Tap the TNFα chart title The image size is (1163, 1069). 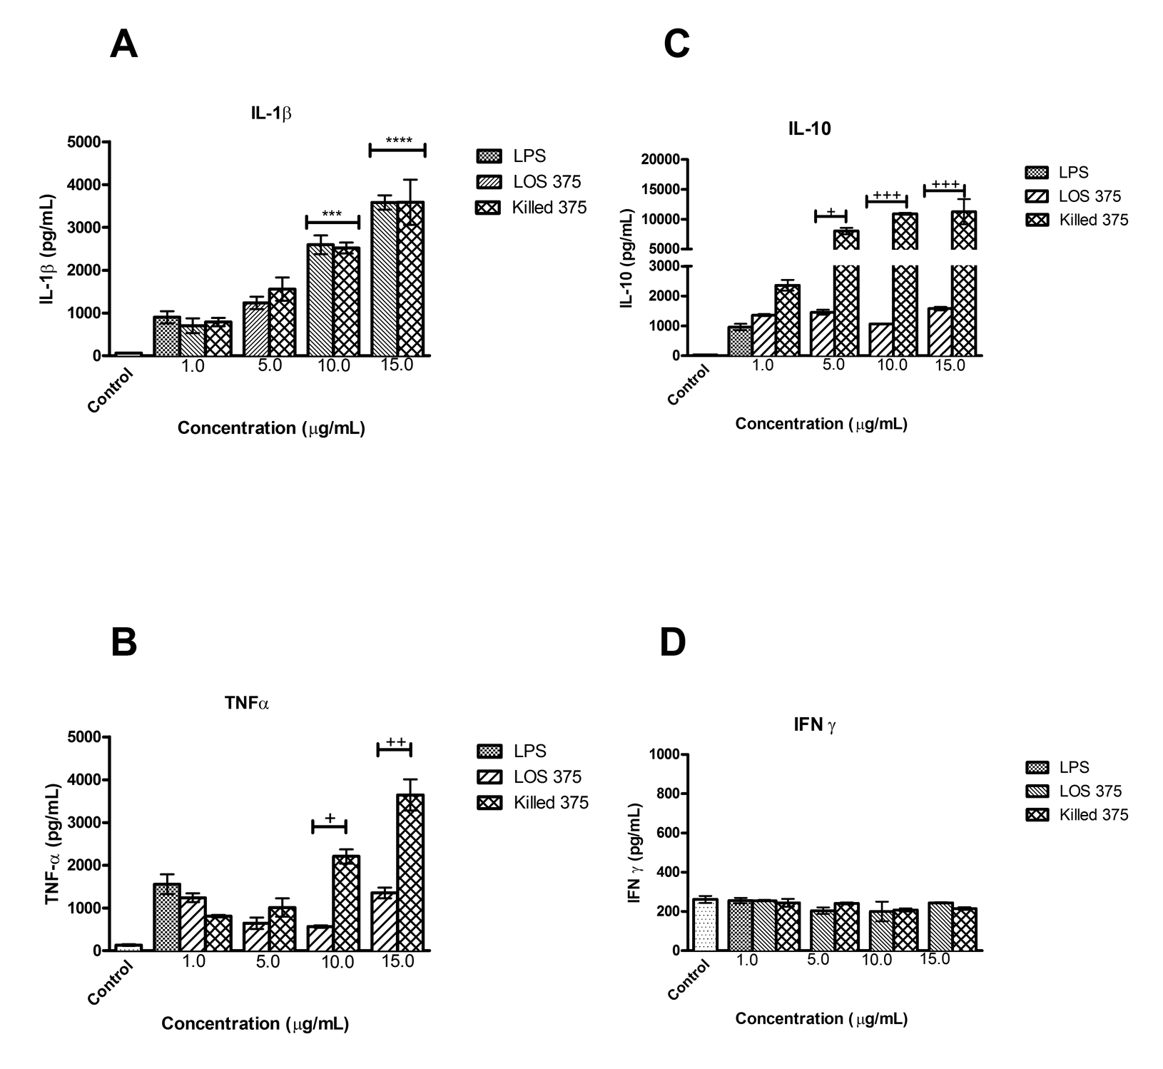(247, 703)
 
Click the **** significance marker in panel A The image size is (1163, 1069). (398, 141)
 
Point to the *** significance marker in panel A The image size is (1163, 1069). (332, 214)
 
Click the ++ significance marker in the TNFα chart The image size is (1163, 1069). (395, 742)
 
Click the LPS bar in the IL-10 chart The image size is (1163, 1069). (739, 341)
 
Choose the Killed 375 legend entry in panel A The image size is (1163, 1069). (532, 208)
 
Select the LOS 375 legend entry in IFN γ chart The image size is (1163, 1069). (1073, 791)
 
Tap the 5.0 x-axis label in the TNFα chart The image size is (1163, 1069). (268, 961)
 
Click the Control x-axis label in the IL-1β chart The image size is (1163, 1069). (111, 390)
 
